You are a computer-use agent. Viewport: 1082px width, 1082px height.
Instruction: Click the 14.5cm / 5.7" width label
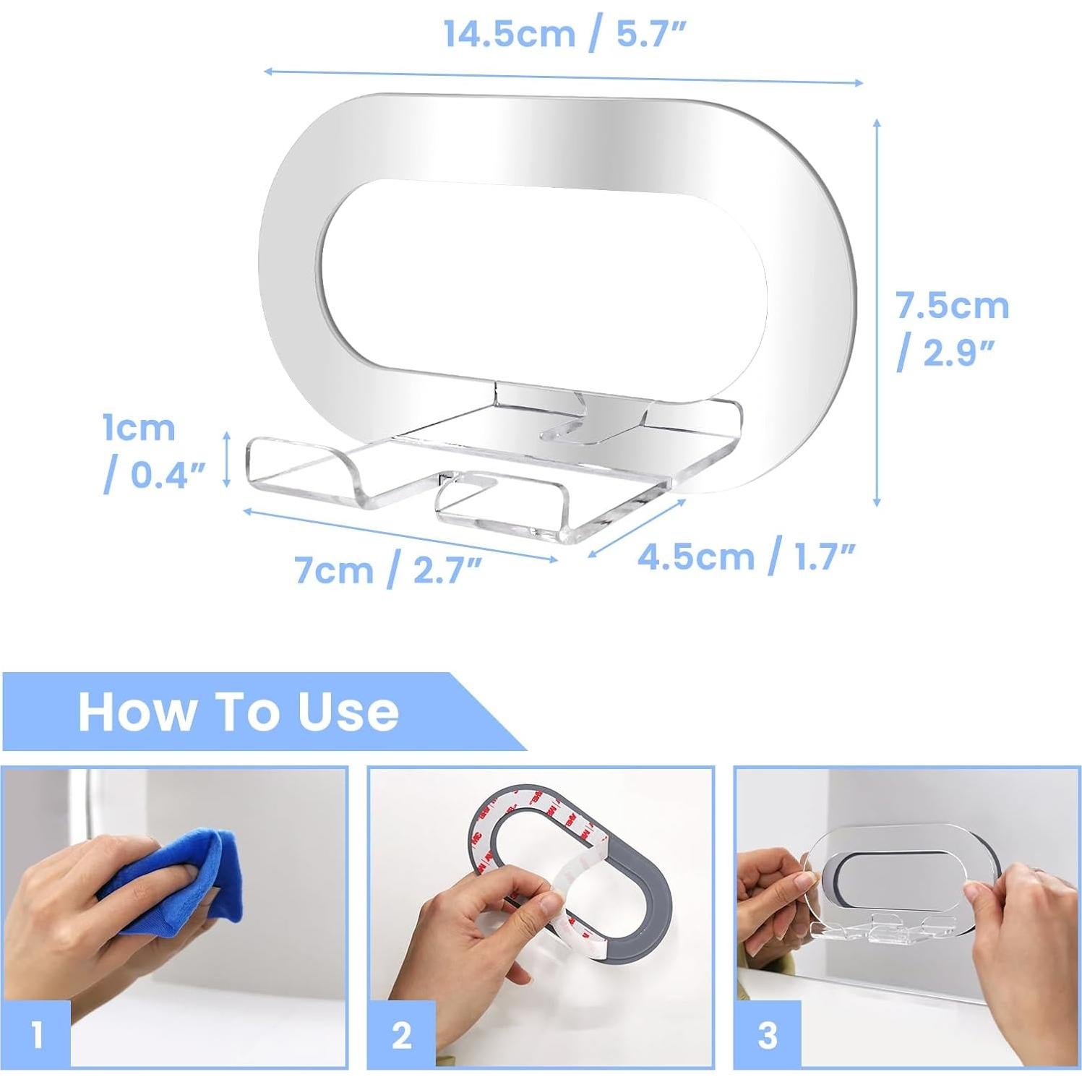pyautogui.click(x=564, y=35)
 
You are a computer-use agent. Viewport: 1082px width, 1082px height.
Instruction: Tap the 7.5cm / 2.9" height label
pyautogui.click(x=952, y=329)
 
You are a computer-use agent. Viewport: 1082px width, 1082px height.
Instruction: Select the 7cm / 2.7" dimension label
pyautogui.click(x=388, y=570)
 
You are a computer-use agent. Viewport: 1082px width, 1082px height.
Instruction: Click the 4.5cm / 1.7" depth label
pyautogui.click(x=746, y=557)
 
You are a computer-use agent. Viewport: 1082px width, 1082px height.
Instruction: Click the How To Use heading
pyautogui.click(x=238, y=712)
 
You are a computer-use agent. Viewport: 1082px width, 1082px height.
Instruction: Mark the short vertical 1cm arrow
pyautogui.click(x=227, y=459)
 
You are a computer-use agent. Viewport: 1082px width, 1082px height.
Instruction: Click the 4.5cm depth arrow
pyautogui.click(x=636, y=528)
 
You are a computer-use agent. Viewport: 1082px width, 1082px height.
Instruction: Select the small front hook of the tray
pyautogui.click(x=499, y=506)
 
